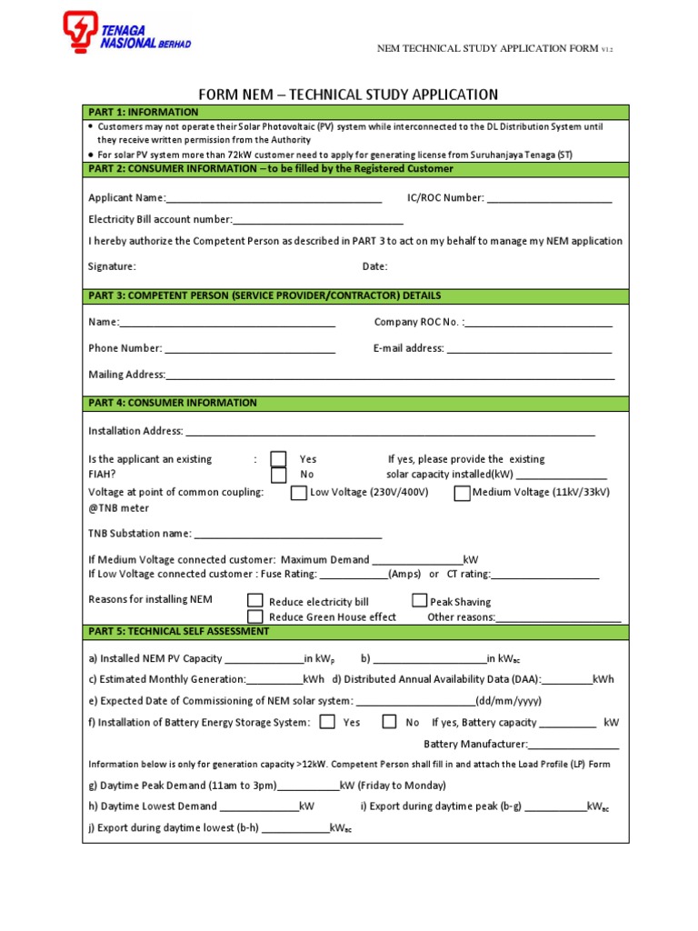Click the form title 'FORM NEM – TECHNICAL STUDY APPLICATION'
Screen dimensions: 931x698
click(x=349, y=94)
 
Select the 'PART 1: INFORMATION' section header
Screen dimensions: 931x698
click(x=144, y=112)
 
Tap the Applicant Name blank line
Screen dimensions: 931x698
click(x=274, y=198)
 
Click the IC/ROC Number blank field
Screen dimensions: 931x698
click(x=549, y=198)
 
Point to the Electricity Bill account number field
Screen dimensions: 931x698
click(x=318, y=220)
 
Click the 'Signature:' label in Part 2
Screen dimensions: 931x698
click(x=112, y=266)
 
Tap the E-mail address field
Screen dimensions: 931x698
click(x=529, y=348)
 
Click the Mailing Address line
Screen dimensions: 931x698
click(x=390, y=375)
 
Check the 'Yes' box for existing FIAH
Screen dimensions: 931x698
click(x=279, y=459)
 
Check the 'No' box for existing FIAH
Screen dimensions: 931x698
click(x=279, y=475)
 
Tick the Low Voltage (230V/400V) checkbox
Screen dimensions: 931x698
click(x=298, y=493)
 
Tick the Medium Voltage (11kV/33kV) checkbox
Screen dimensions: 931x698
click(x=462, y=493)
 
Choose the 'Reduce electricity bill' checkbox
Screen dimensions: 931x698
click(x=255, y=601)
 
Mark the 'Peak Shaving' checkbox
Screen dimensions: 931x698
click(x=419, y=600)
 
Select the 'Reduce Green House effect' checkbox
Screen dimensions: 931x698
click(x=255, y=616)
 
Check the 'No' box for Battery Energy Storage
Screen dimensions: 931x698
click(x=389, y=722)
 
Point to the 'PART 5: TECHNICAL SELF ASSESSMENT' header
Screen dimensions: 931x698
click(x=178, y=631)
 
